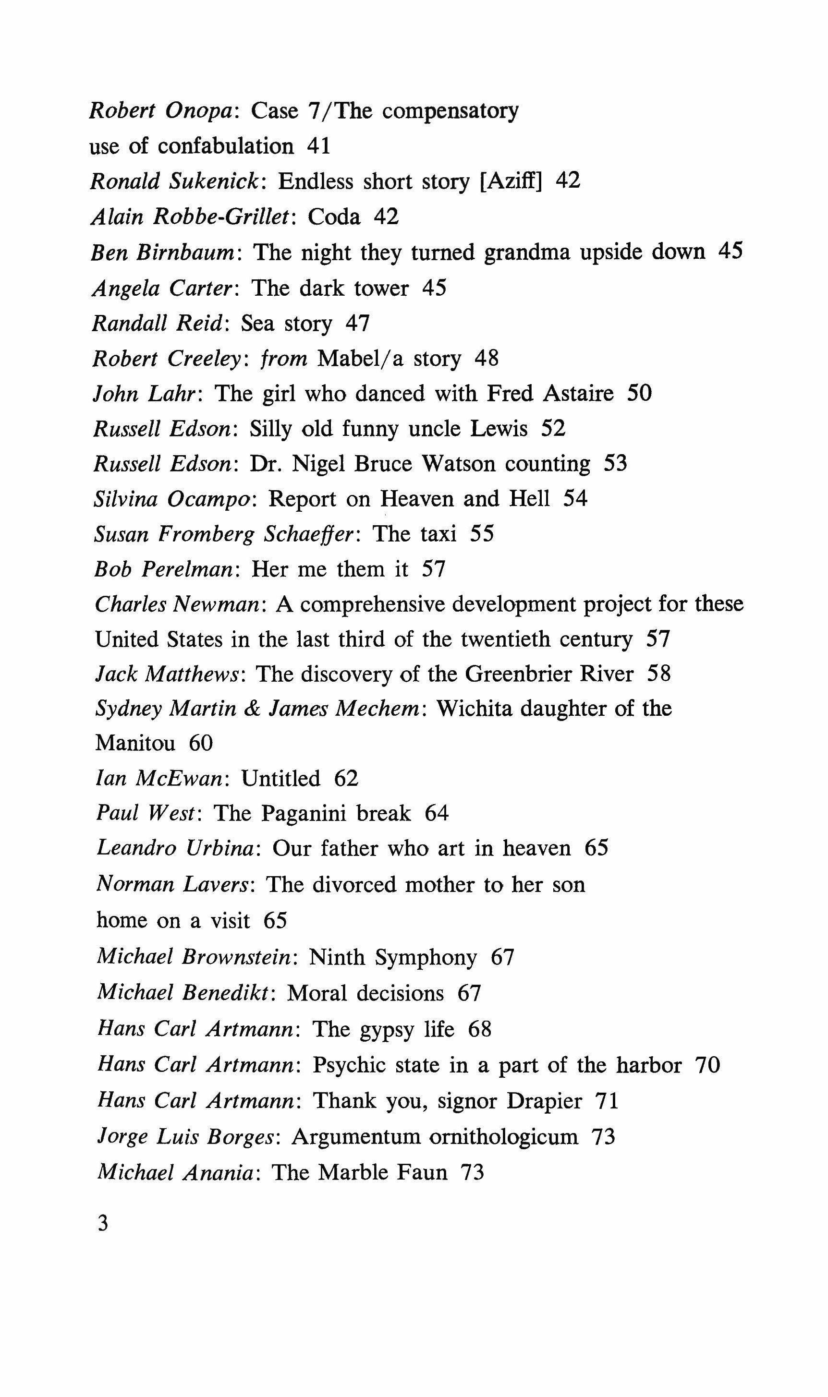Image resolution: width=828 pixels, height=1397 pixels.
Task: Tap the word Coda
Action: tap(334, 217)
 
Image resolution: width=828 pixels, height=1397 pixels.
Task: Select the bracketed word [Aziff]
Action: tap(511, 181)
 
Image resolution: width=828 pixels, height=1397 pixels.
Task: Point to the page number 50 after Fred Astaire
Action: tap(639, 393)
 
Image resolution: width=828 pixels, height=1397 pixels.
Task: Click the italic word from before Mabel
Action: tap(284, 358)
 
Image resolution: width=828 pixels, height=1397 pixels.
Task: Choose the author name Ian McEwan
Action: tap(159, 779)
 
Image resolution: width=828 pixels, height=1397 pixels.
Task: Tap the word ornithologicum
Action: tap(503, 1136)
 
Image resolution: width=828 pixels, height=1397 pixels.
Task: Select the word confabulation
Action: tap(225, 146)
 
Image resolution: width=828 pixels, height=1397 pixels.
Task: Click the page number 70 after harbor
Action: tap(707, 1065)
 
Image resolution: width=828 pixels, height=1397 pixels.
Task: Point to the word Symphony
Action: tap(426, 957)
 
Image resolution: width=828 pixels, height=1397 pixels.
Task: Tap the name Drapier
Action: tap(544, 1100)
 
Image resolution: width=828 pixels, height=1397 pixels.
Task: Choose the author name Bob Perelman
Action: tap(163, 569)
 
